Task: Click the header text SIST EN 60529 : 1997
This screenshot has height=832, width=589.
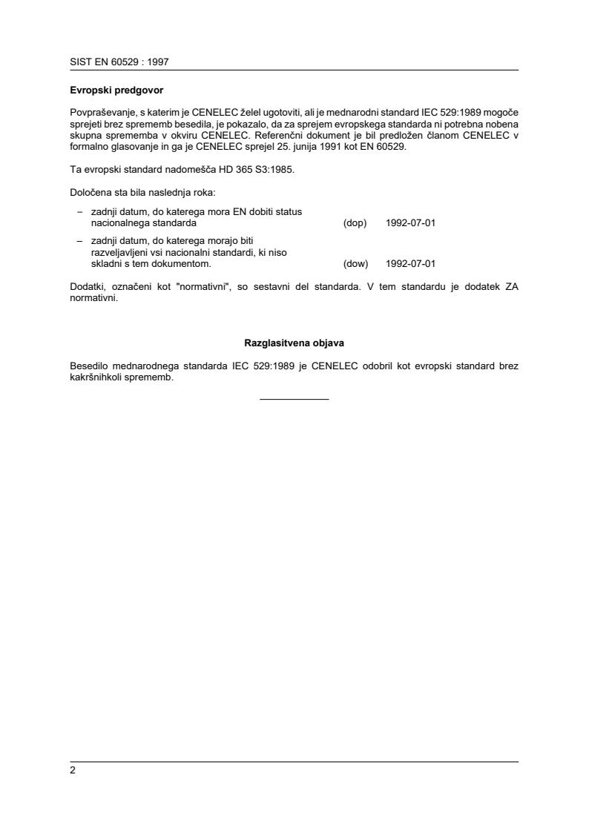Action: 119,62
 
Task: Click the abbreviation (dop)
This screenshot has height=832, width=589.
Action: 355,222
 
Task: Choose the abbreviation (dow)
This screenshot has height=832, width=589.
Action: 356,263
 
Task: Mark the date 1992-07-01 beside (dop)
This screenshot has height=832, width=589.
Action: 410,222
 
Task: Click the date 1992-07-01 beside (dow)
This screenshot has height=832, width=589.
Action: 410,263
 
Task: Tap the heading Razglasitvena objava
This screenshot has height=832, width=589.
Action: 294,343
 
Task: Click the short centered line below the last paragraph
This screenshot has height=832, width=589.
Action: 294,400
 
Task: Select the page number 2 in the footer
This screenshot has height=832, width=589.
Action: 73,770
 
